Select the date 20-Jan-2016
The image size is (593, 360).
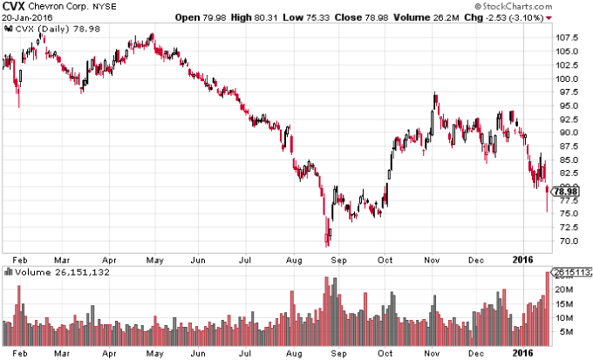25,17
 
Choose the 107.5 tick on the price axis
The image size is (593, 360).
569,37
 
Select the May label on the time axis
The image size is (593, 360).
153,261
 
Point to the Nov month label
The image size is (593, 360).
432,261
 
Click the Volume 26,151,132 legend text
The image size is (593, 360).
54,271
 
